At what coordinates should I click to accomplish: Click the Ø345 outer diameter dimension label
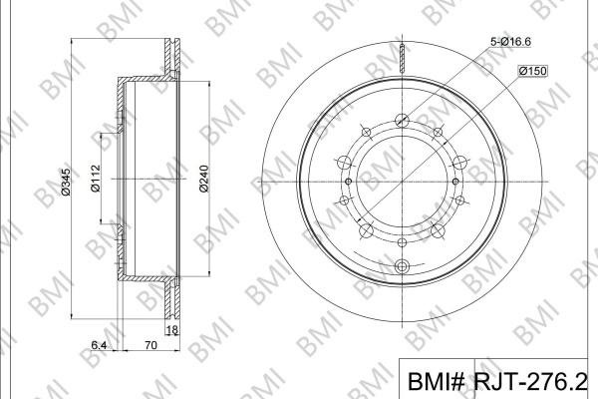[x=66, y=183]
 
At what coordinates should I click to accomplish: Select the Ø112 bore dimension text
[x=95, y=178]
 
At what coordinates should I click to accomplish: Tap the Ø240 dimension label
[x=204, y=179]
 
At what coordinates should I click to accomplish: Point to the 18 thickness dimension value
[x=172, y=329]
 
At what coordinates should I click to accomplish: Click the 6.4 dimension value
[x=99, y=345]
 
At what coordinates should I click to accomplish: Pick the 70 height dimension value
[x=151, y=345]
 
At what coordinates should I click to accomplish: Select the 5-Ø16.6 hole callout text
[x=510, y=42]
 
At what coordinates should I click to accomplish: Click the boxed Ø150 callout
[x=533, y=71]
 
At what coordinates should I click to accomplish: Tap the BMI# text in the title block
[x=437, y=381]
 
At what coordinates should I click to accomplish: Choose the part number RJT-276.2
[x=530, y=381]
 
